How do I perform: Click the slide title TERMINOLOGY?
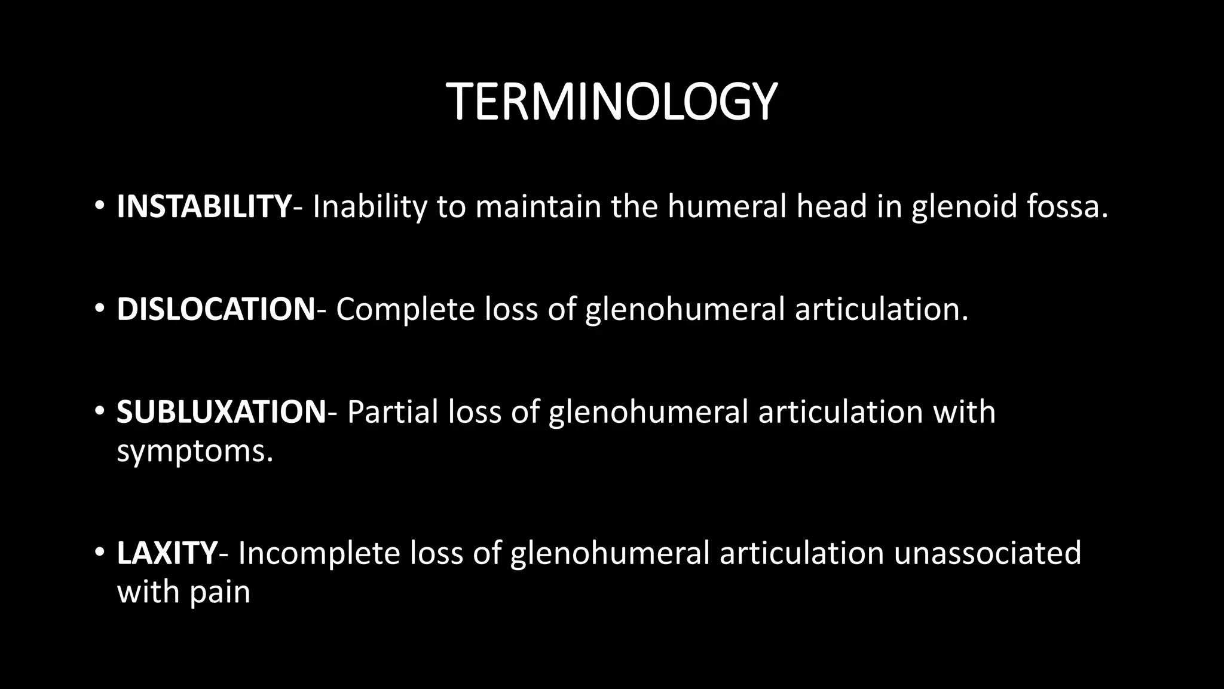click(611, 102)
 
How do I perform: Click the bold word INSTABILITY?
click(204, 206)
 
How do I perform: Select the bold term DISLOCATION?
click(216, 309)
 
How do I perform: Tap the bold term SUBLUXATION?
click(221, 412)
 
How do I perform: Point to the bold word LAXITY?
click(167, 553)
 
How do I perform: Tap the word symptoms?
click(195, 451)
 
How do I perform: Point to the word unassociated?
click(987, 553)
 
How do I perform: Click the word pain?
click(220, 592)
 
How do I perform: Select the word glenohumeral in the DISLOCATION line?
click(684, 309)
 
